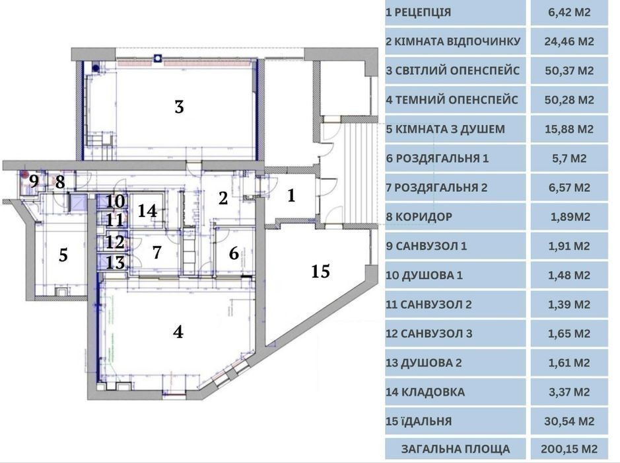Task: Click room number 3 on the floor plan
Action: pos(179,106)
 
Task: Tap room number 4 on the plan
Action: pos(178,332)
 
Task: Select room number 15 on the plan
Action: pos(320,271)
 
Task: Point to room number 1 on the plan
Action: pos(291,195)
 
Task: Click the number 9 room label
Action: pos(34,181)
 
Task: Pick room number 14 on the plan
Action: pos(147,211)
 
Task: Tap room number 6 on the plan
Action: pos(234,253)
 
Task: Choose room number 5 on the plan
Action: pos(63,255)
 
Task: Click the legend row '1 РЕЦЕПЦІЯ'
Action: pos(419,13)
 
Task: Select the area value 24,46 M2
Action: pos(569,41)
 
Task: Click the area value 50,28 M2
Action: pos(569,99)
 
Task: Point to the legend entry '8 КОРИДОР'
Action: pos(419,217)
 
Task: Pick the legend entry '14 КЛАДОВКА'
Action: pos(425,392)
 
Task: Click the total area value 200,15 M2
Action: pos(569,449)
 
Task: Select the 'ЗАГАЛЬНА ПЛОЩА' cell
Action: pos(456,449)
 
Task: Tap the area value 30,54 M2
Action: pos(569,421)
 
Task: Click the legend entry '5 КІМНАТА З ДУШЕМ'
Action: pos(445,129)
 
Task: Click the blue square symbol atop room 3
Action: pos(158,58)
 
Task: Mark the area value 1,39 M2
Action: pos(569,304)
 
